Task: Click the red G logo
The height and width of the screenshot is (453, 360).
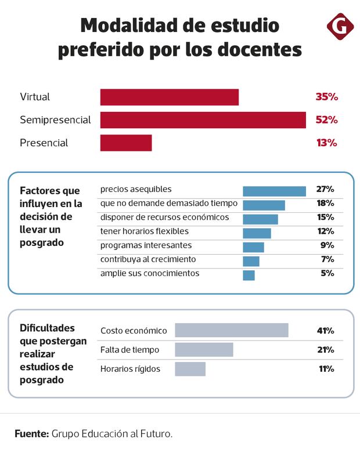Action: tap(340, 27)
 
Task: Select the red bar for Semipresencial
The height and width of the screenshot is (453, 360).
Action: tap(203, 120)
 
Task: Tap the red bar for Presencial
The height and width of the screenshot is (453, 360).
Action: tap(126, 143)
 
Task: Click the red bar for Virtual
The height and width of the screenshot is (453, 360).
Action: tap(170, 97)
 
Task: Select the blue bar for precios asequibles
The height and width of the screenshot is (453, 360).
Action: tap(274, 191)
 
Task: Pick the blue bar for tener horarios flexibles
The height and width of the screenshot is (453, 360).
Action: tap(257, 233)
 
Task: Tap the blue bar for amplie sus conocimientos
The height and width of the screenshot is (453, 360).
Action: tap(249, 275)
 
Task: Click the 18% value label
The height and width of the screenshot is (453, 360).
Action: tap(325, 203)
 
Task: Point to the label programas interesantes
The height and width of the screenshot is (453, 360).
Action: tap(146, 245)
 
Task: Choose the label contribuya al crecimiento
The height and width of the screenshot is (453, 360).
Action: tap(148, 259)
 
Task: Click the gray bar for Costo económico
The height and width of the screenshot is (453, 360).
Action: tap(232, 330)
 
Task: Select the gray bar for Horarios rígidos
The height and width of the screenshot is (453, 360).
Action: tap(190, 369)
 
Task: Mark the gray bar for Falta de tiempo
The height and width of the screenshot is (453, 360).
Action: tap(204, 350)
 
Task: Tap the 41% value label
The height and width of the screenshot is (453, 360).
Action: tap(325, 331)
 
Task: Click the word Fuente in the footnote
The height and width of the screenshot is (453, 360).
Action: tap(31, 433)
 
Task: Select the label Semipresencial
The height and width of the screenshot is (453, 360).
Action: tap(55, 120)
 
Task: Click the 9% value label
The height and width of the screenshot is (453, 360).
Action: tap(327, 245)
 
